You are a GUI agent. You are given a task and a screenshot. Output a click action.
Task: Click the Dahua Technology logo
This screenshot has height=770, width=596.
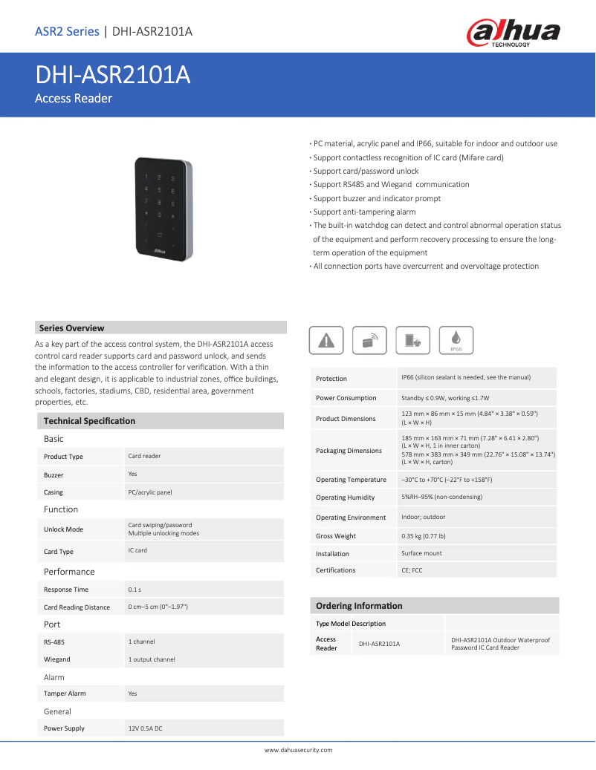coord(513,33)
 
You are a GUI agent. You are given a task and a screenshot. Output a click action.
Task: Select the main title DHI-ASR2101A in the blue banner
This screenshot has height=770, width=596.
coord(113,75)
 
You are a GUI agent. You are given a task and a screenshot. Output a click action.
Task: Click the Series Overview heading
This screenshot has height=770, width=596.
coord(71,328)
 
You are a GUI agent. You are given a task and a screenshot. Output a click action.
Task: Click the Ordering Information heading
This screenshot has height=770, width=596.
coord(359,606)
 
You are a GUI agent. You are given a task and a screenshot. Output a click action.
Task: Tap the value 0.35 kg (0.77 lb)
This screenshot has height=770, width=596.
coord(424,536)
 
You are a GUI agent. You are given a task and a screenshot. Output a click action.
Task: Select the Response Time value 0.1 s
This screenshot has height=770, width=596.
coord(135,590)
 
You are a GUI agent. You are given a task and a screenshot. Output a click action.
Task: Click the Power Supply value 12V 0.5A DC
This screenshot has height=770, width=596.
coord(145,728)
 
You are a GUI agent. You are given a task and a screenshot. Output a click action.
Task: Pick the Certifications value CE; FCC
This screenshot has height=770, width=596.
coord(412,570)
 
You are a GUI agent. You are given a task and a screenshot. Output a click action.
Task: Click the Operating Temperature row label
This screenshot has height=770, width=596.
coord(351,480)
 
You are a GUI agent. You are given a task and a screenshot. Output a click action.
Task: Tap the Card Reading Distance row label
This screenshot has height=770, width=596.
coord(77,607)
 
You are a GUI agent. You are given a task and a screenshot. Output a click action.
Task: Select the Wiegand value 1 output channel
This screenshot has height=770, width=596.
coord(152,659)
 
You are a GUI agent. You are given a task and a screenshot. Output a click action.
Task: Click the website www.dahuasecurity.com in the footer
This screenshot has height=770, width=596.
coord(299,751)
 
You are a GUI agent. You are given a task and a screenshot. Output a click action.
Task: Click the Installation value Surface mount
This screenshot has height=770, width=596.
coord(421,553)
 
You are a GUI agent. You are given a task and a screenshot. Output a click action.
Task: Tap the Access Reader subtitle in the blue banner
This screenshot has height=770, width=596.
coord(74,98)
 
